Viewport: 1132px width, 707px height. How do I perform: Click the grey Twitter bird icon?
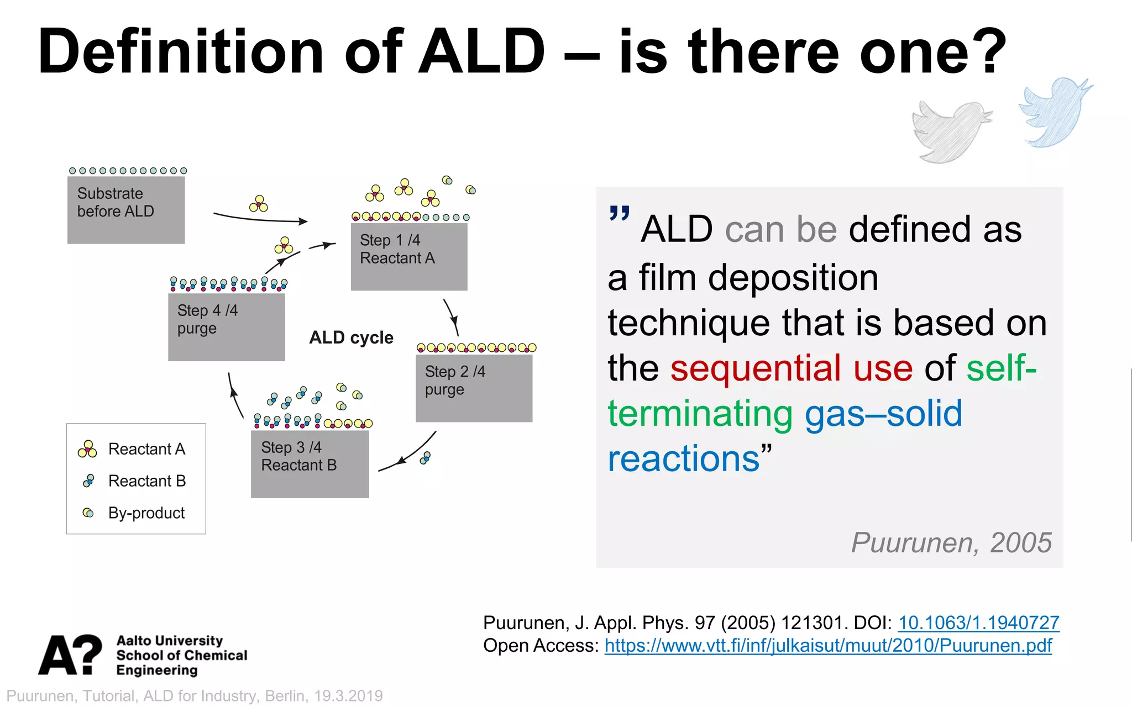click(950, 131)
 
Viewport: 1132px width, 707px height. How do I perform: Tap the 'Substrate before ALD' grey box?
click(126, 210)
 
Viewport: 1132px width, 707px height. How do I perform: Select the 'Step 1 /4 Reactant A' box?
click(409, 256)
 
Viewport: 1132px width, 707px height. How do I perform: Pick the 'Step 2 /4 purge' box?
click(474, 388)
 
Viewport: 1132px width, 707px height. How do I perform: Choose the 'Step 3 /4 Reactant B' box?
click(310, 464)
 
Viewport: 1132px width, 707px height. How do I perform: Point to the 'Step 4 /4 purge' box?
click(226, 326)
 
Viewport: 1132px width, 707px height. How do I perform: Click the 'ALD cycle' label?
click(351, 337)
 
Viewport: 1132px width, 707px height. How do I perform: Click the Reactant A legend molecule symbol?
click(87, 449)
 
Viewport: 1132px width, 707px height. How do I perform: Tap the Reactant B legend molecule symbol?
click(88, 481)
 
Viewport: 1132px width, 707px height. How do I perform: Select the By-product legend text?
click(146, 513)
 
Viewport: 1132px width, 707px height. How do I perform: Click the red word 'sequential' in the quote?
click(755, 368)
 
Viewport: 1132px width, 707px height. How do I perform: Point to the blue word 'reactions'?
click(684, 459)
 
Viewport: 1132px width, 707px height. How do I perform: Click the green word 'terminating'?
click(700, 414)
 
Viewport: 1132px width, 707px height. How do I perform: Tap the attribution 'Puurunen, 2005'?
click(951, 542)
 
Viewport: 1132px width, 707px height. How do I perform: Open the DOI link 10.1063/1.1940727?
click(978, 623)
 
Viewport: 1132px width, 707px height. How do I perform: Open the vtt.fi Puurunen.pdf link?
click(827, 646)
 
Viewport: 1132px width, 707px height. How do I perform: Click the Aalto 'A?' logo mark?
click(70, 655)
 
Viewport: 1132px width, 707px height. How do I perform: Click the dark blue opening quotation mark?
click(619, 213)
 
